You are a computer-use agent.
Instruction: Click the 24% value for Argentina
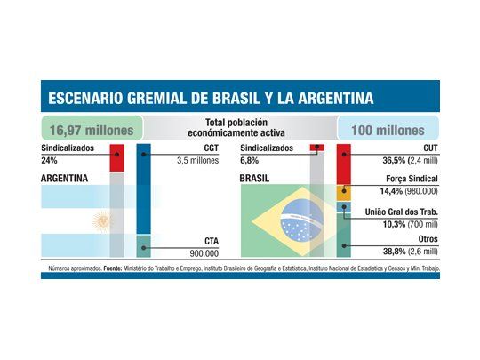click(48, 162)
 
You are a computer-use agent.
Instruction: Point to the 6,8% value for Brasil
click(252, 162)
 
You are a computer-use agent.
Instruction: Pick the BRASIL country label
click(255, 179)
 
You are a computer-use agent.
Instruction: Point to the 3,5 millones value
click(196, 161)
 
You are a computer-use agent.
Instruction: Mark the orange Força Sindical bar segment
click(343, 190)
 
